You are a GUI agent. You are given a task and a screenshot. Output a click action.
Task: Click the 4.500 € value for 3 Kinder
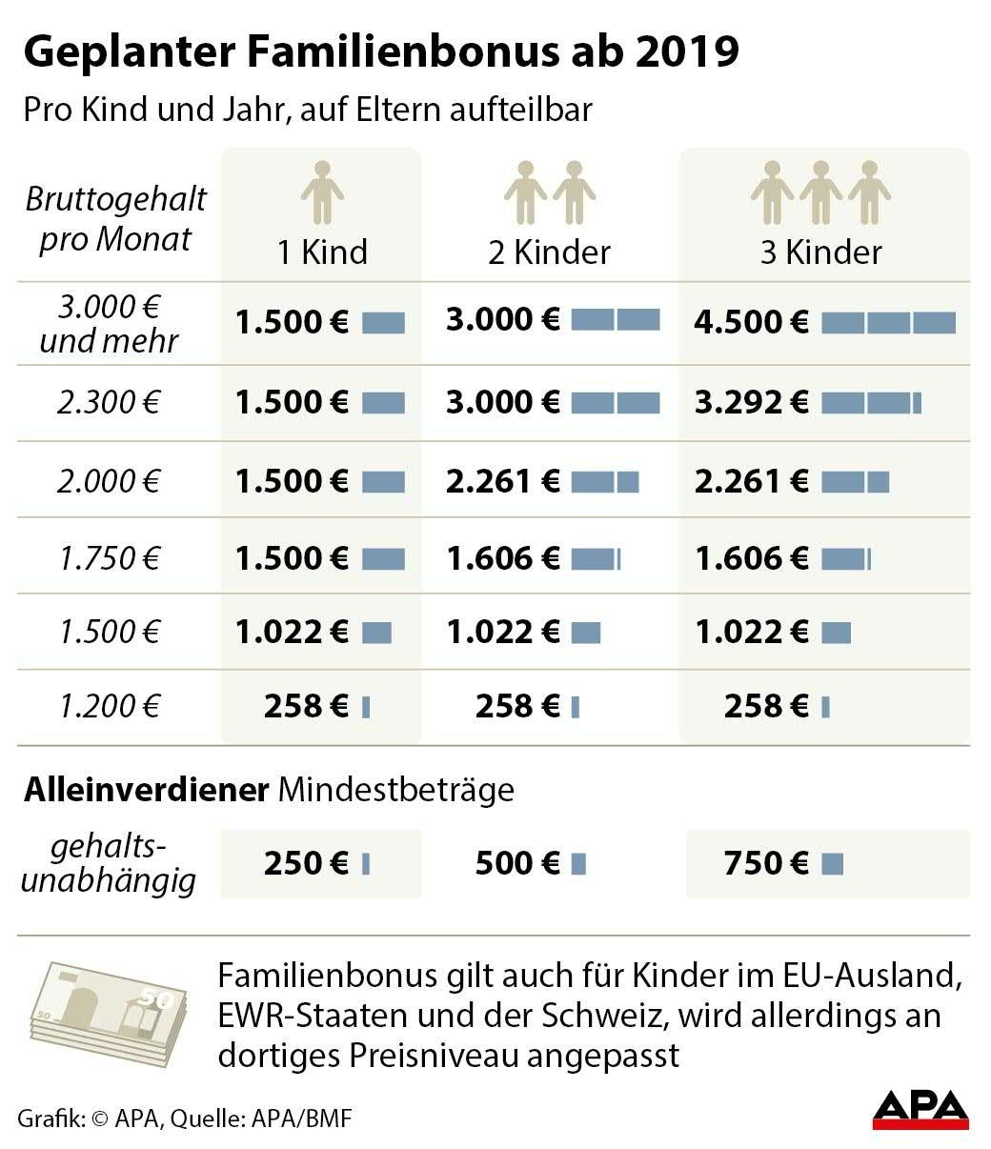752,322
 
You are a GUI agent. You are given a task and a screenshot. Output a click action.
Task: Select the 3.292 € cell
752,402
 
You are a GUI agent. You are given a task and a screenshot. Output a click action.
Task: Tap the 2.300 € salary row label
108,402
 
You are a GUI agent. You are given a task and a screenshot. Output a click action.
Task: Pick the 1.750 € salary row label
108,557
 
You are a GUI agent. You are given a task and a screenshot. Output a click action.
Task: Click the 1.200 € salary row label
108,706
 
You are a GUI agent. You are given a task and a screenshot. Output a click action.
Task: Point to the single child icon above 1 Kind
322,191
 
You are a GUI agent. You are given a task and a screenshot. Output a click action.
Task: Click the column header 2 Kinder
549,252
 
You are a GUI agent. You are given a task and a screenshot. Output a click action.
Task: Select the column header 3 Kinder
820,252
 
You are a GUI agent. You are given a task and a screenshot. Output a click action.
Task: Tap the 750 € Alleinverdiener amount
765,863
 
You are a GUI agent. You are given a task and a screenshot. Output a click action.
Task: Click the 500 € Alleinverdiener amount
516,863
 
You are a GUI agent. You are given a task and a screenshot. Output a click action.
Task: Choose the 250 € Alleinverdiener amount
306,863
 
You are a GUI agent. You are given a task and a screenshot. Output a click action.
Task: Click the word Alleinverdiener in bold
146,790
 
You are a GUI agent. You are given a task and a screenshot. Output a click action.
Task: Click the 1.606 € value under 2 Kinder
503,557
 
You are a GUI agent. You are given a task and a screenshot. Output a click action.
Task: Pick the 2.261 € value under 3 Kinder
752,480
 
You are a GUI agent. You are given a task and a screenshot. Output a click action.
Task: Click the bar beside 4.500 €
888,323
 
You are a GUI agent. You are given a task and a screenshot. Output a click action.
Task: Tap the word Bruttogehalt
115,200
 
